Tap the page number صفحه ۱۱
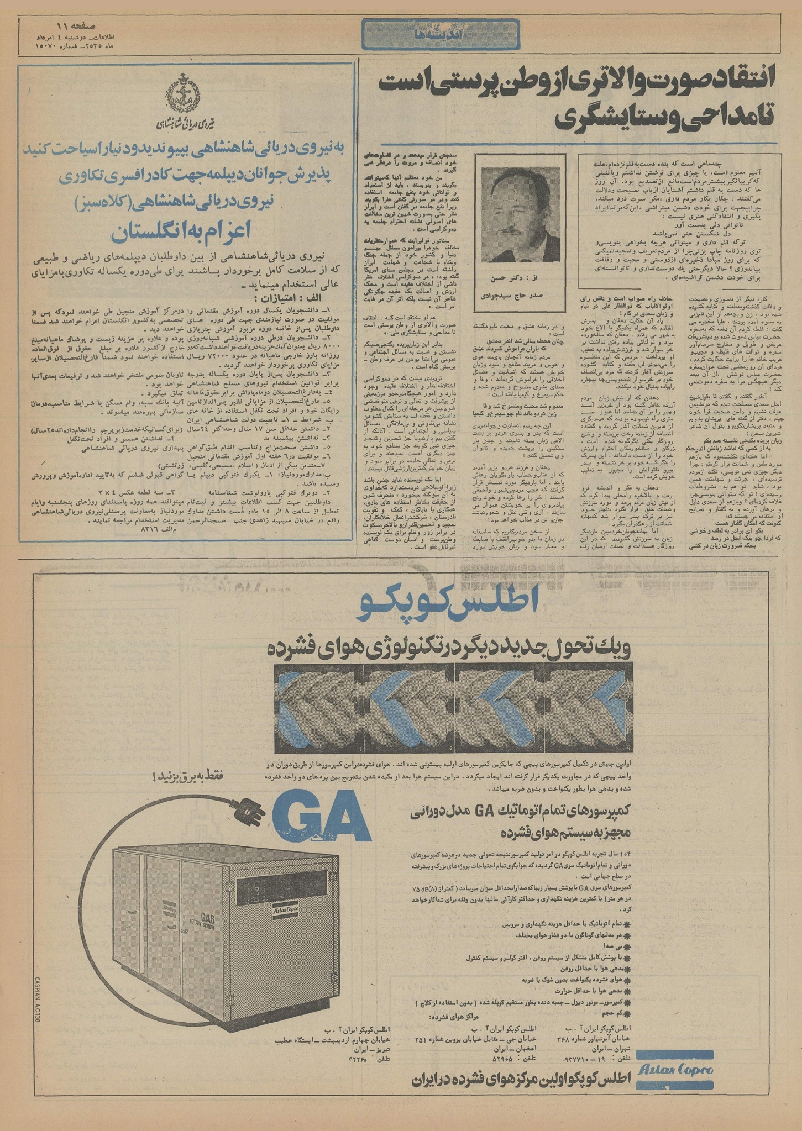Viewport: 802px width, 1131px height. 76,26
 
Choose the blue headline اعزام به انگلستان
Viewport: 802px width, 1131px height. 186,233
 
